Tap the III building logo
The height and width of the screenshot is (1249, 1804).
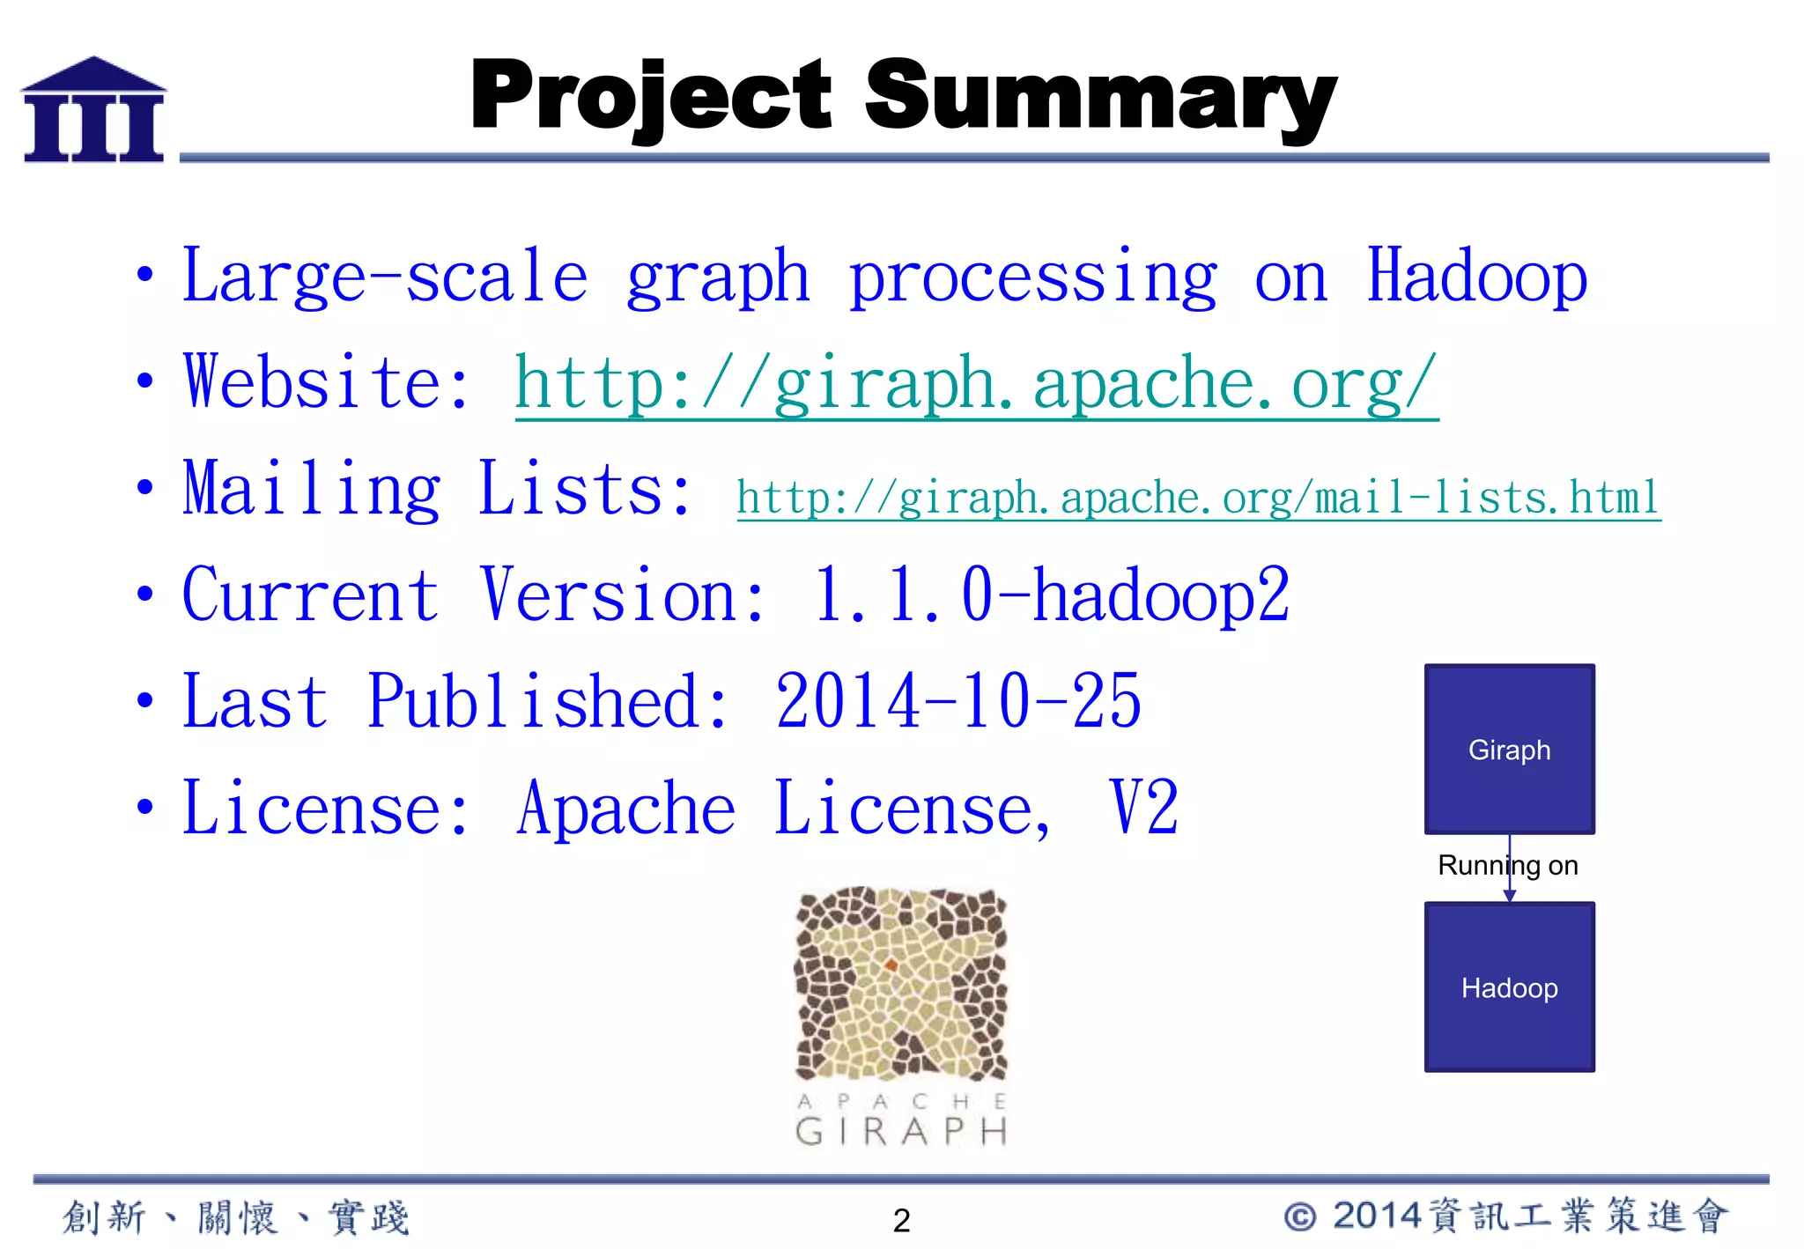93,110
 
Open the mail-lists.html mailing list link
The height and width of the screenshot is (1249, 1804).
1198,498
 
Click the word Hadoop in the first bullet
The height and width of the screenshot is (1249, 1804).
1476,277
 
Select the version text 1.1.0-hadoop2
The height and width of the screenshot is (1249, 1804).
1050,595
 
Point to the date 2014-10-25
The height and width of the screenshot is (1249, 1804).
957,702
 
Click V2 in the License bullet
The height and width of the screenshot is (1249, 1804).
1143,808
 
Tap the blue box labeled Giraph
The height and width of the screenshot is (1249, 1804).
1509,749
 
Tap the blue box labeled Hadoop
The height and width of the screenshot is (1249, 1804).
1509,987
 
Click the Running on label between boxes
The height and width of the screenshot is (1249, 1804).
1507,865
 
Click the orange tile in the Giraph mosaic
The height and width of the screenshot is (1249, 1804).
891,966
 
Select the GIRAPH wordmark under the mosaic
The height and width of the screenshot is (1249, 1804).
900,1132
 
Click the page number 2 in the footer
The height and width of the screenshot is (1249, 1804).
901,1221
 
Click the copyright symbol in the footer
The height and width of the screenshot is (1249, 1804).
1300,1217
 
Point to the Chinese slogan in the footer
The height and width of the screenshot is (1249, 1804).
236,1217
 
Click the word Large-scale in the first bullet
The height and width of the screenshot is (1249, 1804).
384,277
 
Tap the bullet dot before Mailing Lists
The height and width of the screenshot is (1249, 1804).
145,487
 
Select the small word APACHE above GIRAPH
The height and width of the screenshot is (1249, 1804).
900,1101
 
